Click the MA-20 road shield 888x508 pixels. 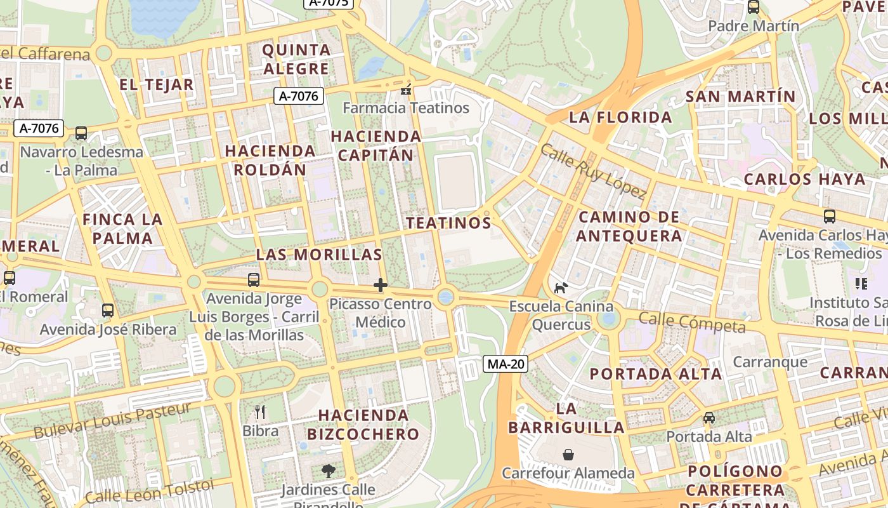coord(506,364)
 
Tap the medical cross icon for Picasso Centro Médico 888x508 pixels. coord(381,285)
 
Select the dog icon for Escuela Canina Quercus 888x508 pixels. coord(561,288)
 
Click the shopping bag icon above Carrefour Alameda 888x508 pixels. coord(568,455)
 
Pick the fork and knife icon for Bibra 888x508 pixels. coord(259,412)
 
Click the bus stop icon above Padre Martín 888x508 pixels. coord(754,7)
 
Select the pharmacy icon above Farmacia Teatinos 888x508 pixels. coord(406,90)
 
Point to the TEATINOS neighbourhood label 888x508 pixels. coord(448,223)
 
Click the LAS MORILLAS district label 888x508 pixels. coord(318,255)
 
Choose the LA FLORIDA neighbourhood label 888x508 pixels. coord(620,117)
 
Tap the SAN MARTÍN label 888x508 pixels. coord(740,97)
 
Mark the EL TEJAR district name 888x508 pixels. coord(156,85)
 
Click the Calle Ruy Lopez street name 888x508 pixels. coord(593,171)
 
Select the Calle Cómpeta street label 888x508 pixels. coord(691,322)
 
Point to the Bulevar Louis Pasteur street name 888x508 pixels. coord(112,420)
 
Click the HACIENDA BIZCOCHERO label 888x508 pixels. coord(363,424)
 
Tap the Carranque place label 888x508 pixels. coord(770,362)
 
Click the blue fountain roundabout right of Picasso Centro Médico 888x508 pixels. coord(446,297)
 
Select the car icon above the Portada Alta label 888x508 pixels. coord(709,418)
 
